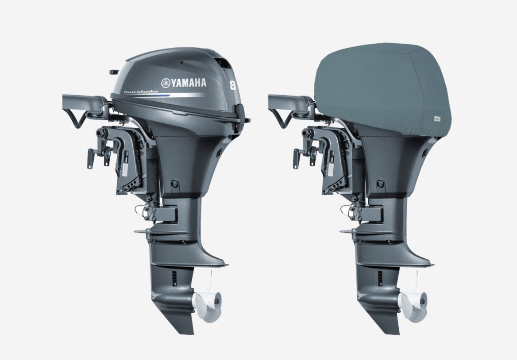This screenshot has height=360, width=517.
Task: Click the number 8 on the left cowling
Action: [x=232, y=84]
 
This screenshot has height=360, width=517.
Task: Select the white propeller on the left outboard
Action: [x=206, y=299]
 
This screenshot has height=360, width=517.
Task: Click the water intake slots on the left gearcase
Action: [x=174, y=278]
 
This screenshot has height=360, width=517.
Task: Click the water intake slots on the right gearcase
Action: [x=380, y=278]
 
